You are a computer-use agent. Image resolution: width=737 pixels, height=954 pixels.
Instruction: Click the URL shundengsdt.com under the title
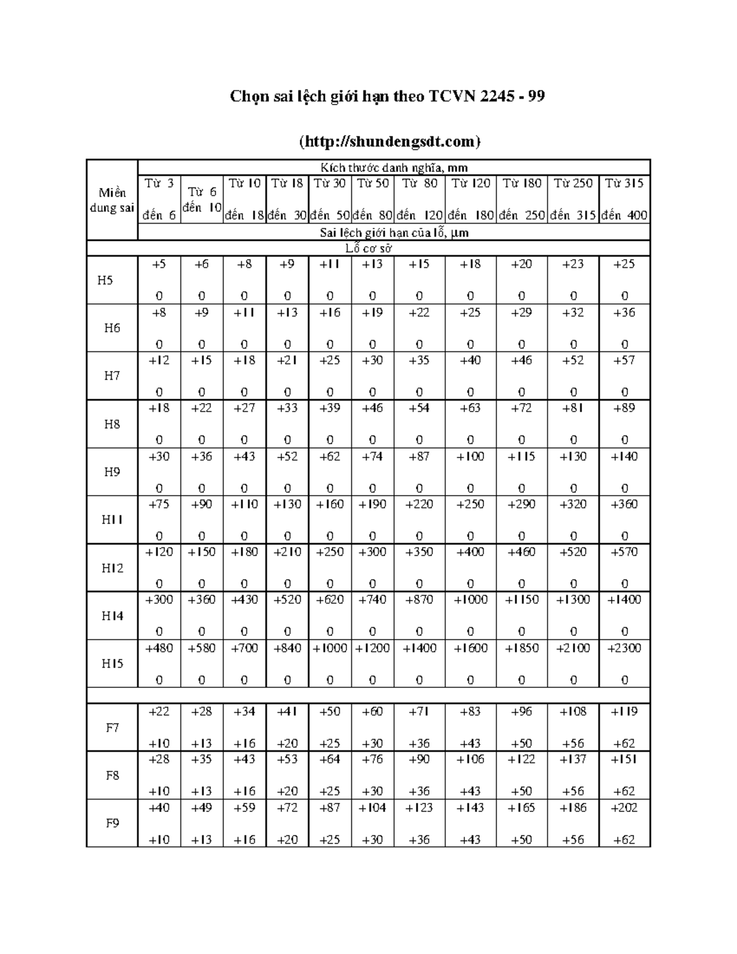coord(389,142)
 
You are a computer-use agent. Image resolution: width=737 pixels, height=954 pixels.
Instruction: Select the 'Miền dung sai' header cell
coord(112,200)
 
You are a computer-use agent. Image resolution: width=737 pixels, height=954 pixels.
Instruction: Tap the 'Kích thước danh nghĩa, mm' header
coord(394,167)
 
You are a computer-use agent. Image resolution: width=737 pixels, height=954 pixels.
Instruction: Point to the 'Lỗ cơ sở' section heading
coord(368,248)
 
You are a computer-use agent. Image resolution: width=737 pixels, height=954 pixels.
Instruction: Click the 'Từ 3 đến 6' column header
coord(159,199)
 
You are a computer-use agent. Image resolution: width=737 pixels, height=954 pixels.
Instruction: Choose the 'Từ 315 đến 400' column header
coord(624,199)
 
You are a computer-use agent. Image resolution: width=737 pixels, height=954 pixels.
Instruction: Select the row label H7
coord(112,376)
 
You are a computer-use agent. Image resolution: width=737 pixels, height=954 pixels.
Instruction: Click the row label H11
coord(112,520)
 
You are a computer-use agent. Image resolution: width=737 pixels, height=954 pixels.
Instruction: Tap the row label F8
coord(112,775)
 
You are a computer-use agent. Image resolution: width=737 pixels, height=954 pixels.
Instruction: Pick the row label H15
coord(112,663)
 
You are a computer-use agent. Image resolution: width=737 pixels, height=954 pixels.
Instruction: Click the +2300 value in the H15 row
coord(624,648)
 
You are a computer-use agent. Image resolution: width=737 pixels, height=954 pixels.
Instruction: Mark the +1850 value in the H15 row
coord(521,648)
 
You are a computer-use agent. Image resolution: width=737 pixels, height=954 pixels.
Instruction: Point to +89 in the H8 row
coord(624,408)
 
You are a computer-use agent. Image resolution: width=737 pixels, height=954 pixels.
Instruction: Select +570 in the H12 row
coord(624,552)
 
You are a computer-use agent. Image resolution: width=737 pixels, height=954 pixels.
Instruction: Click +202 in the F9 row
coord(624,808)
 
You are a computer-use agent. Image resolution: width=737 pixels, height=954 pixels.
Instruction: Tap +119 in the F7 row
coord(624,711)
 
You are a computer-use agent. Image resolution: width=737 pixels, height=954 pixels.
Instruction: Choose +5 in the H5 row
coord(159,264)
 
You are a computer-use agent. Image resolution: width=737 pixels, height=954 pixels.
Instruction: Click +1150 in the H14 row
coord(521,600)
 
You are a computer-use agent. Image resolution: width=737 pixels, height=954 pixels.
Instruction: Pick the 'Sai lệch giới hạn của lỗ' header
coord(394,232)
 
